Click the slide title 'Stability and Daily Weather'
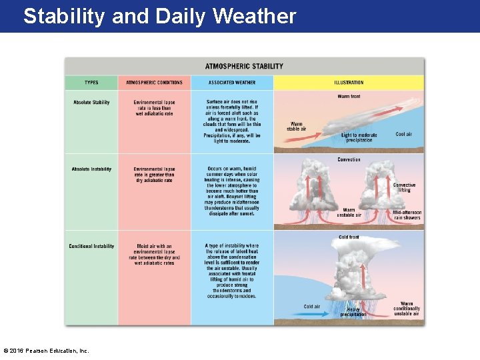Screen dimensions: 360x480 point(159,16)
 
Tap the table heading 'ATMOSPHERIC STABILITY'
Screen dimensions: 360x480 point(244,66)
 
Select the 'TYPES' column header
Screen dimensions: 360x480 point(91,83)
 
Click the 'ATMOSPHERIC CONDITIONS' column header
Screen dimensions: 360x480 point(154,83)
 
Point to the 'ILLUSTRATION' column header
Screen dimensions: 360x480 point(349,83)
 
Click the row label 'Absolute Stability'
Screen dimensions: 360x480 point(91,102)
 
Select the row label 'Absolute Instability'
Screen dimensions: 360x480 point(91,169)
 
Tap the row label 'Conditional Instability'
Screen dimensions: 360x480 point(91,247)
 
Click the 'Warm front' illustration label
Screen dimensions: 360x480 point(349,97)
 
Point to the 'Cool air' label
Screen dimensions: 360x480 point(403,134)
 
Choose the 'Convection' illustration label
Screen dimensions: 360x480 point(349,159)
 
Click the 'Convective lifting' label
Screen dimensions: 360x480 point(404,188)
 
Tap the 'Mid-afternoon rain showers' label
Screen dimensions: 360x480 point(407,215)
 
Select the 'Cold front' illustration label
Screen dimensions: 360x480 point(349,237)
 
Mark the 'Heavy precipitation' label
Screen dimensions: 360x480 point(353,311)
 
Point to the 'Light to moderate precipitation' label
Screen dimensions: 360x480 point(359,137)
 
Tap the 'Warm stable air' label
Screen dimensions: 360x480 point(297,126)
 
